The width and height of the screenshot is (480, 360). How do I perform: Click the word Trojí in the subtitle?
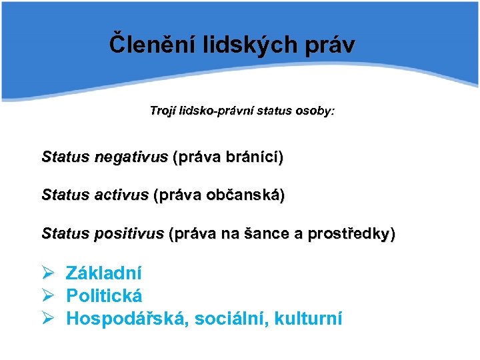(164, 111)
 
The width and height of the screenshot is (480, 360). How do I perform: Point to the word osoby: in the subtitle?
(313, 111)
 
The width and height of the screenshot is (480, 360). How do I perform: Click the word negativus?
(131, 158)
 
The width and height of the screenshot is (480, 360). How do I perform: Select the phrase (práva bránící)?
(228, 158)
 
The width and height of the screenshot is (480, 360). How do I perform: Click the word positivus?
(131, 234)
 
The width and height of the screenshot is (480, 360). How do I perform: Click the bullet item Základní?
(103, 273)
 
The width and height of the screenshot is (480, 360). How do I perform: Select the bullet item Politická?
(104, 296)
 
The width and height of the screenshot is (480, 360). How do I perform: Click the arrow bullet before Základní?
(47, 273)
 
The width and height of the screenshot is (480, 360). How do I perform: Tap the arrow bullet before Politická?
(47, 296)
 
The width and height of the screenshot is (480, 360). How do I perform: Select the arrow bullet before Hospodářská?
(47, 319)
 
